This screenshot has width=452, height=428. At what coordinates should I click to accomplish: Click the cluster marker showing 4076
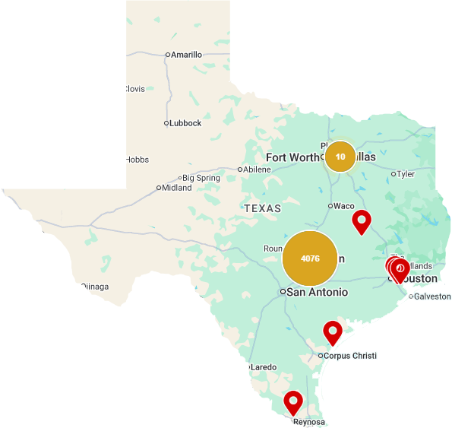coord(310,258)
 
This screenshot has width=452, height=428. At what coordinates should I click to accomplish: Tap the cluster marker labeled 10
coord(340,157)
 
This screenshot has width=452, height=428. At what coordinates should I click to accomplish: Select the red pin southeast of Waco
coord(362,221)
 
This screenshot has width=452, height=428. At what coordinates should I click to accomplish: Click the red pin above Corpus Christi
coord(332,332)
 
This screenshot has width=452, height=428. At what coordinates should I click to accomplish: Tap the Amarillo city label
coord(186,55)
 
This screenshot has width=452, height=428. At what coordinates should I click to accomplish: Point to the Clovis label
coord(134,89)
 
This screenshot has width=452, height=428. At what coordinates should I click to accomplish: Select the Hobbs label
coord(137,160)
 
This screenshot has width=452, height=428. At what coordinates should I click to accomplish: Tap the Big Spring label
coord(201,178)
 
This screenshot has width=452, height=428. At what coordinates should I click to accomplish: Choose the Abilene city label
coord(257,169)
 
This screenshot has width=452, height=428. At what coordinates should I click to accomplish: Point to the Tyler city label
coord(406,174)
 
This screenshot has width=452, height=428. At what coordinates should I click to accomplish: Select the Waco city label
coord(344,205)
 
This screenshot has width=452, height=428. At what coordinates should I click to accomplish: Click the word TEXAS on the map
coord(263,208)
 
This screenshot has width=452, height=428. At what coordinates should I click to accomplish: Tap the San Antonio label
coord(318,292)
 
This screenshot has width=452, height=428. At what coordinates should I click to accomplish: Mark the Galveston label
coord(433,296)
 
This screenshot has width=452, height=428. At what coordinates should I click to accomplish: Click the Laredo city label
coord(264,367)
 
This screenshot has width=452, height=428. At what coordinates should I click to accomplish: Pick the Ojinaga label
coord(95,287)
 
